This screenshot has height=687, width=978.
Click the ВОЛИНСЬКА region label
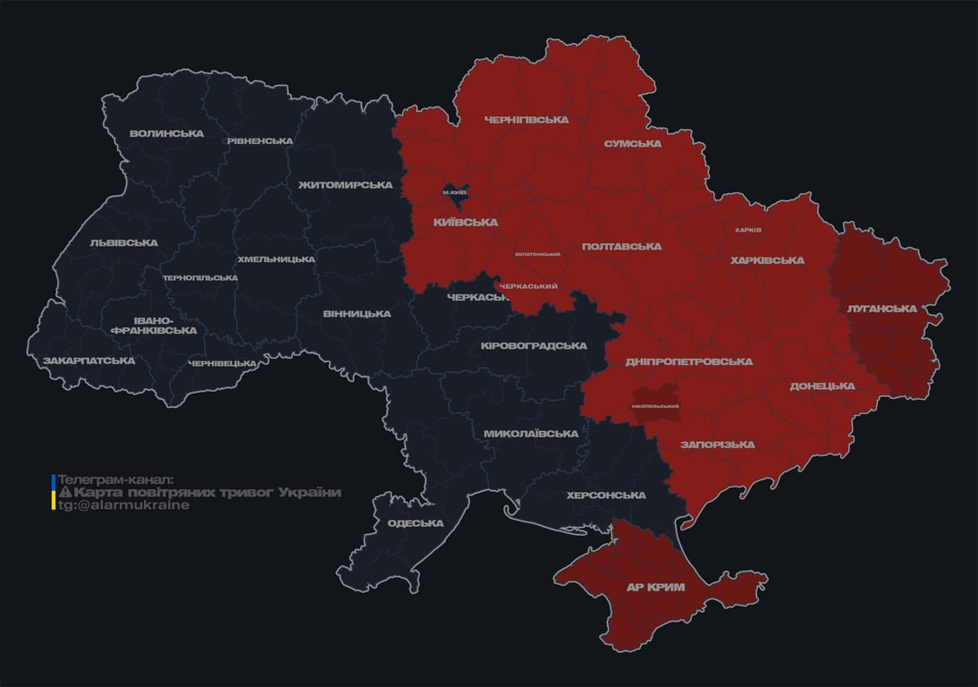point(166,134)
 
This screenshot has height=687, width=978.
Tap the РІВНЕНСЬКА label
point(259,141)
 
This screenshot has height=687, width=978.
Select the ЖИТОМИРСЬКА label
point(345,185)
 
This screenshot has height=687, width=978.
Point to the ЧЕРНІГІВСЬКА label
point(526,120)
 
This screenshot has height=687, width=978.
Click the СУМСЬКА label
point(632,144)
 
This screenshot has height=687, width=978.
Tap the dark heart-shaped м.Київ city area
point(455,192)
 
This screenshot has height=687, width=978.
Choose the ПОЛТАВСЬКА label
point(621,246)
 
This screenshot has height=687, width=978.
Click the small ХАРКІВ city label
point(747,230)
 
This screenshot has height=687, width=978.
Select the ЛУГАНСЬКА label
point(881,309)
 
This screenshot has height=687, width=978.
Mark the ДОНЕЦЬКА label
point(822,386)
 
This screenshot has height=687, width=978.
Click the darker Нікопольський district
point(655,405)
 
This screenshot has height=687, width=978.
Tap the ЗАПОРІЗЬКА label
point(717,445)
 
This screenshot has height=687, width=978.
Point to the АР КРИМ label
point(655,588)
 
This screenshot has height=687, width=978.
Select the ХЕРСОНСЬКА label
point(606,496)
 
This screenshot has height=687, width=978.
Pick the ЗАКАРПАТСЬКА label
point(89,361)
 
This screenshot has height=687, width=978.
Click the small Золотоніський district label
point(538,254)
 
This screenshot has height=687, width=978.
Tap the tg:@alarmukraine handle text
point(123,505)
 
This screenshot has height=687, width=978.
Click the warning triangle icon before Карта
point(64,493)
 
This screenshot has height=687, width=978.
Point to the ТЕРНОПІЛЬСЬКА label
point(200,278)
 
